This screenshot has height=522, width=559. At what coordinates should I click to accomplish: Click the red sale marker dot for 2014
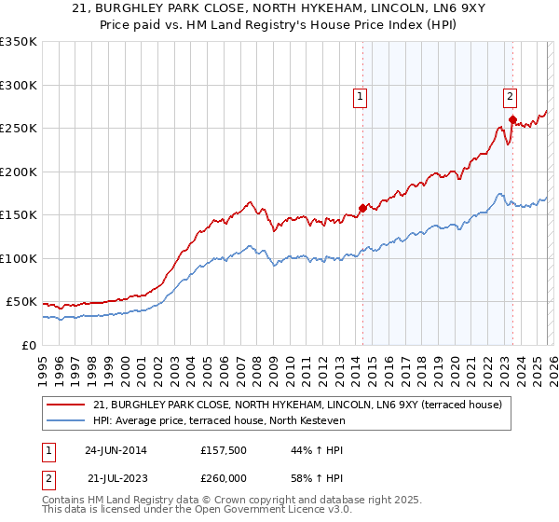pos(362,208)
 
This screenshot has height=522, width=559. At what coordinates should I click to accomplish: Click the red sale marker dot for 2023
pos(512,119)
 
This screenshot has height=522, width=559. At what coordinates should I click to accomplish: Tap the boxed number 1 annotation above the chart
pos(360,94)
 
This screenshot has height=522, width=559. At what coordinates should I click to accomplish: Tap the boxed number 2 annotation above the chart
pos(511,94)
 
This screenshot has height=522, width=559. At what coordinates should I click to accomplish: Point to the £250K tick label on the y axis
pos(19,129)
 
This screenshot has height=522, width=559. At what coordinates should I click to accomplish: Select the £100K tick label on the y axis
pos(19,258)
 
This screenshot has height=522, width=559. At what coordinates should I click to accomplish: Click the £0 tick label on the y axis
pos(28,345)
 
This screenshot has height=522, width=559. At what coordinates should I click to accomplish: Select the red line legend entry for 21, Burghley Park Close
pos(297,405)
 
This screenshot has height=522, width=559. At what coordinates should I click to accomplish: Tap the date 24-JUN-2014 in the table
pos(116,450)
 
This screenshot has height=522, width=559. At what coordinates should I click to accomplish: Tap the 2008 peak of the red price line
pos(250,201)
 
